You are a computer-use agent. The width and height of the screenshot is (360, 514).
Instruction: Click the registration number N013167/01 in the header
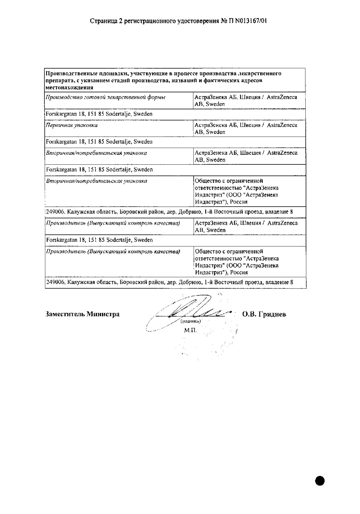[251, 21]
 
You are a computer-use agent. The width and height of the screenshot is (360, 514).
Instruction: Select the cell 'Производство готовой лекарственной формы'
[106, 97]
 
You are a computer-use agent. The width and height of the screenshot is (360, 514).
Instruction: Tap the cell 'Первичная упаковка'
[72, 125]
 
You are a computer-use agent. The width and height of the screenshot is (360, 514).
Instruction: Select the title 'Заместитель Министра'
[83, 314]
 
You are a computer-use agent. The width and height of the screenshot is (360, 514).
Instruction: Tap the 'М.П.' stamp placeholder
[190, 330]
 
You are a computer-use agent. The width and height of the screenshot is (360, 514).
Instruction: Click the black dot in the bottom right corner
[320, 480]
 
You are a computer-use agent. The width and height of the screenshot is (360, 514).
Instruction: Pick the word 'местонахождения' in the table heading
[69, 87]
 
